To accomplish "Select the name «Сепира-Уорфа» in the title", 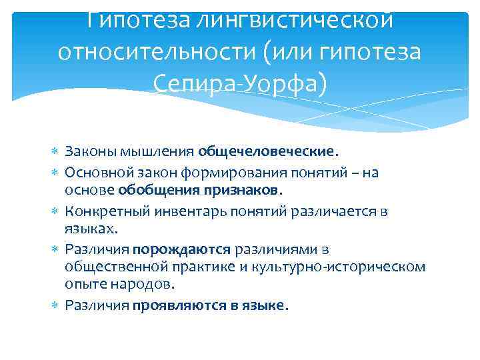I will tap(240, 83).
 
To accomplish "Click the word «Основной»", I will tap(93, 173).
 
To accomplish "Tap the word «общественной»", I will tap(109, 267).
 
